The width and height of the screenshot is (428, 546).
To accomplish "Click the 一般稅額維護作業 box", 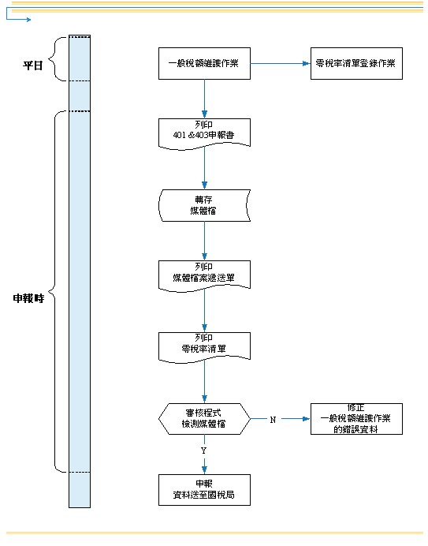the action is click(204, 63).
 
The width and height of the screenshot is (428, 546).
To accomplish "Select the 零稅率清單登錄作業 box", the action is click(356, 63).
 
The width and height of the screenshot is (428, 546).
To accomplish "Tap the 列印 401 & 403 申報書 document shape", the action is click(204, 134).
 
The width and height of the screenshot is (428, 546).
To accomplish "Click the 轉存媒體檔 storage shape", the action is click(204, 205).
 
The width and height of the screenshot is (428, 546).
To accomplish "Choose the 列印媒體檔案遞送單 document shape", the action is click(204, 276).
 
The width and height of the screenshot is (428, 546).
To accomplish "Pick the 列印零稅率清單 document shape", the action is click(204, 347).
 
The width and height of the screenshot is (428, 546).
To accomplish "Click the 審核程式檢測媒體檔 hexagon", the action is click(204, 419).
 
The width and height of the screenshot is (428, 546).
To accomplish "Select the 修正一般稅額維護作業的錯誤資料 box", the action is click(356, 419).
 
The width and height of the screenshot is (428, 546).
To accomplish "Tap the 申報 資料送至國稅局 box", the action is click(204, 490).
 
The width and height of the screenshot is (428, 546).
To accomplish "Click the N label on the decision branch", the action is click(273, 420).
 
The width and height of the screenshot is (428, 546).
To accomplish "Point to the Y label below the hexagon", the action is click(204, 451).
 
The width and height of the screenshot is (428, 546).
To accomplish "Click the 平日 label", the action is click(32, 65).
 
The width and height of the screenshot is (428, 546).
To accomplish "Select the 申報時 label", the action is click(28, 298).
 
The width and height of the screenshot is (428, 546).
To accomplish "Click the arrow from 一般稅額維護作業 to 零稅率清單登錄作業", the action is click(281, 63).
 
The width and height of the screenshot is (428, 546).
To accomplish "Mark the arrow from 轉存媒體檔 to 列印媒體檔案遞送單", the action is click(204, 241).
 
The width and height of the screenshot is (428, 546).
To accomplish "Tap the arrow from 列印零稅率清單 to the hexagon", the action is click(204, 382).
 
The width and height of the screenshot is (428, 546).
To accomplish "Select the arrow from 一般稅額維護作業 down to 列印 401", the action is click(204, 99).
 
